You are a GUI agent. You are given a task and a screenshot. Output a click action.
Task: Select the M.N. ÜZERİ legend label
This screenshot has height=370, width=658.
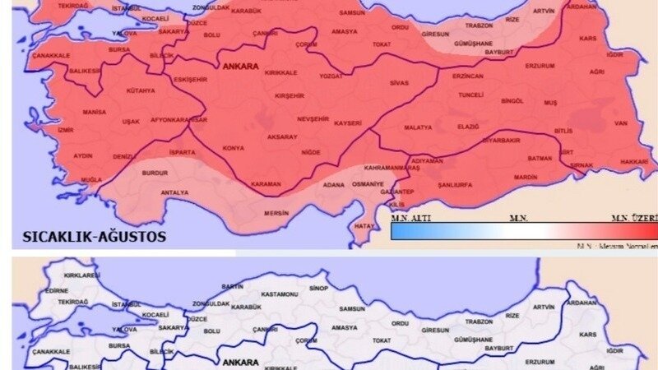[x=634, y=217]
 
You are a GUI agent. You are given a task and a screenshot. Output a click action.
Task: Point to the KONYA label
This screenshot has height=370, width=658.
[x=234, y=148]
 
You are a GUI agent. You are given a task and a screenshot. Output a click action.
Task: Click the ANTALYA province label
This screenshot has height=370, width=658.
[x=174, y=192]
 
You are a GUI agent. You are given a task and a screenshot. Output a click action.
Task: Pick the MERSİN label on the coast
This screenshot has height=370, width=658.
[x=276, y=213]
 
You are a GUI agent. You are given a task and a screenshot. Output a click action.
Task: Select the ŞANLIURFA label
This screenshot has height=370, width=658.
[x=455, y=185]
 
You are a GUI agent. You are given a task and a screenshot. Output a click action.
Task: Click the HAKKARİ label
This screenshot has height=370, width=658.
[x=634, y=161]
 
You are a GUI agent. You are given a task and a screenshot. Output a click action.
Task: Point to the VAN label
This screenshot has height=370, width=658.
[x=621, y=123]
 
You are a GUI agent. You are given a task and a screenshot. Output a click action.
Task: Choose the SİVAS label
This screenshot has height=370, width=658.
[x=399, y=83]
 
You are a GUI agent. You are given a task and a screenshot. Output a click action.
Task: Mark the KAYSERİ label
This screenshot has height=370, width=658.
[x=348, y=123]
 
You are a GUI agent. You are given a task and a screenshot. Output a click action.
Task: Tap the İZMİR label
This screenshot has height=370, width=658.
[x=66, y=130]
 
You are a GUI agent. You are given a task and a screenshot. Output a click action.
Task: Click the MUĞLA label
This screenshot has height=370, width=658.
[x=91, y=179]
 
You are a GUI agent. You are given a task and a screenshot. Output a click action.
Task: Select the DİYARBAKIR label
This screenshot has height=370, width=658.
[x=501, y=140]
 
